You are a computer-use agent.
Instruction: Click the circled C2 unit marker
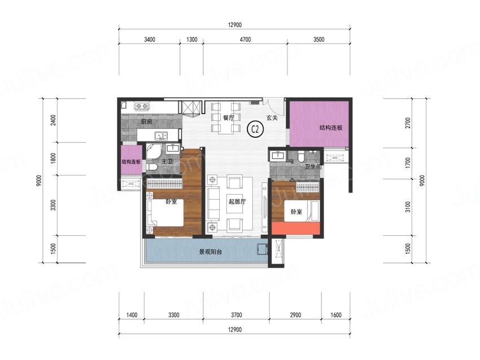pyautogui.click(x=255, y=129)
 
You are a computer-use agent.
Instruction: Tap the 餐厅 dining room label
pyautogui.click(x=229, y=117)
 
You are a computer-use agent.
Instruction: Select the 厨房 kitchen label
pyautogui.click(x=146, y=122)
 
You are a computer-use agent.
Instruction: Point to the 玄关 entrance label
pyautogui.click(x=272, y=118)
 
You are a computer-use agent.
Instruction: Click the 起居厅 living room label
pyautogui.click(x=237, y=201)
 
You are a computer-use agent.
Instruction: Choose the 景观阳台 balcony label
pyautogui.click(x=211, y=252)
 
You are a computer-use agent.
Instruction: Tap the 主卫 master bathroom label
pyautogui.click(x=167, y=161)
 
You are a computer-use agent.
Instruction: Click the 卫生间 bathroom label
pyautogui.click(x=313, y=166)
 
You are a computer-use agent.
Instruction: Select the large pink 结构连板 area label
pyautogui.click(x=331, y=128)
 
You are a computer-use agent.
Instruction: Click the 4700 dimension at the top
pyautogui.click(x=245, y=39)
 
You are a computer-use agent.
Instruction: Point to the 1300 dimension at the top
pyautogui.click(x=191, y=39)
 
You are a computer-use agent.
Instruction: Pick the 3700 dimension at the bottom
pyautogui.click(x=236, y=315)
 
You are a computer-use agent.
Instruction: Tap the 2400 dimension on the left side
pyautogui.click(x=54, y=121)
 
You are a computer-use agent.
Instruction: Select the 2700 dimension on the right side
pyautogui.click(x=408, y=123)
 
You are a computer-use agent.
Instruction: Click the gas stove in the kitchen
pyautogui.click(x=142, y=106)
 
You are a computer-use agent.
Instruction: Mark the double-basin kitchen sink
pyautogui.click(x=161, y=135)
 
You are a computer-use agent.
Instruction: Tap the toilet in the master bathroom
pyautogui.click(x=151, y=167)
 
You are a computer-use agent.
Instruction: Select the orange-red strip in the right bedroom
pyautogui.click(x=296, y=228)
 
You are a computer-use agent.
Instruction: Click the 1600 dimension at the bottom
pyautogui.click(x=336, y=315)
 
